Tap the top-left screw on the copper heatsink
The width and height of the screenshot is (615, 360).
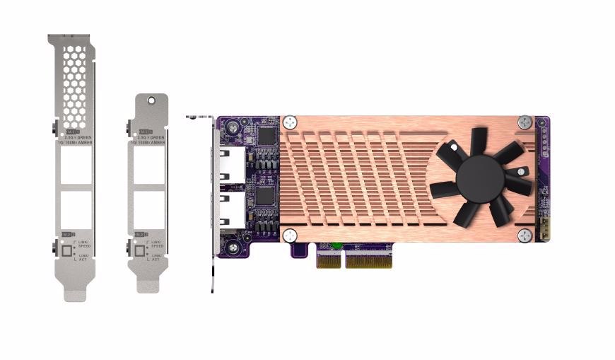pyautogui.click(x=290, y=123)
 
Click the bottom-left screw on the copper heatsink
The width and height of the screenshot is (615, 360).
pyautogui.click(x=290, y=235)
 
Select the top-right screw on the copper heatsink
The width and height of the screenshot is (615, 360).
pyautogui.click(x=524, y=122)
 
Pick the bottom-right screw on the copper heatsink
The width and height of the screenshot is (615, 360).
pyautogui.click(x=524, y=235)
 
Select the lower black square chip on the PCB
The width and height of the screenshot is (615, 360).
pyautogui.click(x=266, y=196)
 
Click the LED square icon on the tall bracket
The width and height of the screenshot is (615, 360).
pyautogui.click(x=68, y=250)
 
